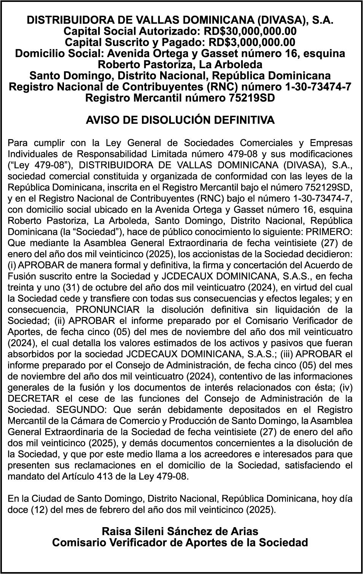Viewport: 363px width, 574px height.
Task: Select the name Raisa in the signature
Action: pos(117,531)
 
